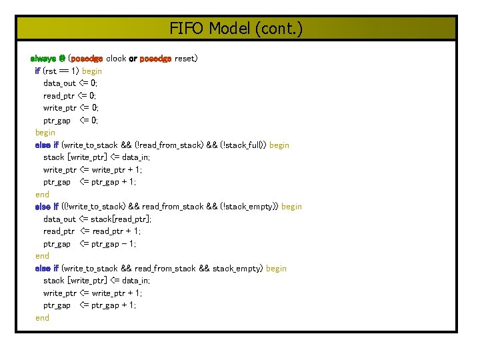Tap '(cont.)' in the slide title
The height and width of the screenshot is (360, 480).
point(277,29)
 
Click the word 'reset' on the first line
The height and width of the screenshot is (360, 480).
point(184,59)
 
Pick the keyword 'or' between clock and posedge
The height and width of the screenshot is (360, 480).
point(133,59)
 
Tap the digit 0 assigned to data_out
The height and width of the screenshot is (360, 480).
point(93,83)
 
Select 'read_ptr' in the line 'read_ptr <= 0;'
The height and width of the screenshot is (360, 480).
point(59,95)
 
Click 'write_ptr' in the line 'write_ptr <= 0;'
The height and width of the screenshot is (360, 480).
point(59,108)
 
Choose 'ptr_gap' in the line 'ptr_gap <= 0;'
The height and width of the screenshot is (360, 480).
point(57,121)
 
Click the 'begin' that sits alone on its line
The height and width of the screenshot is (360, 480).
point(45,133)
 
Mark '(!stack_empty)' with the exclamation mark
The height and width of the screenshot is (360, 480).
point(250,207)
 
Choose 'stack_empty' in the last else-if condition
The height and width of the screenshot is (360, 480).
point(237,269)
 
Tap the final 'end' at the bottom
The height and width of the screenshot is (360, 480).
point(42,318)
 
